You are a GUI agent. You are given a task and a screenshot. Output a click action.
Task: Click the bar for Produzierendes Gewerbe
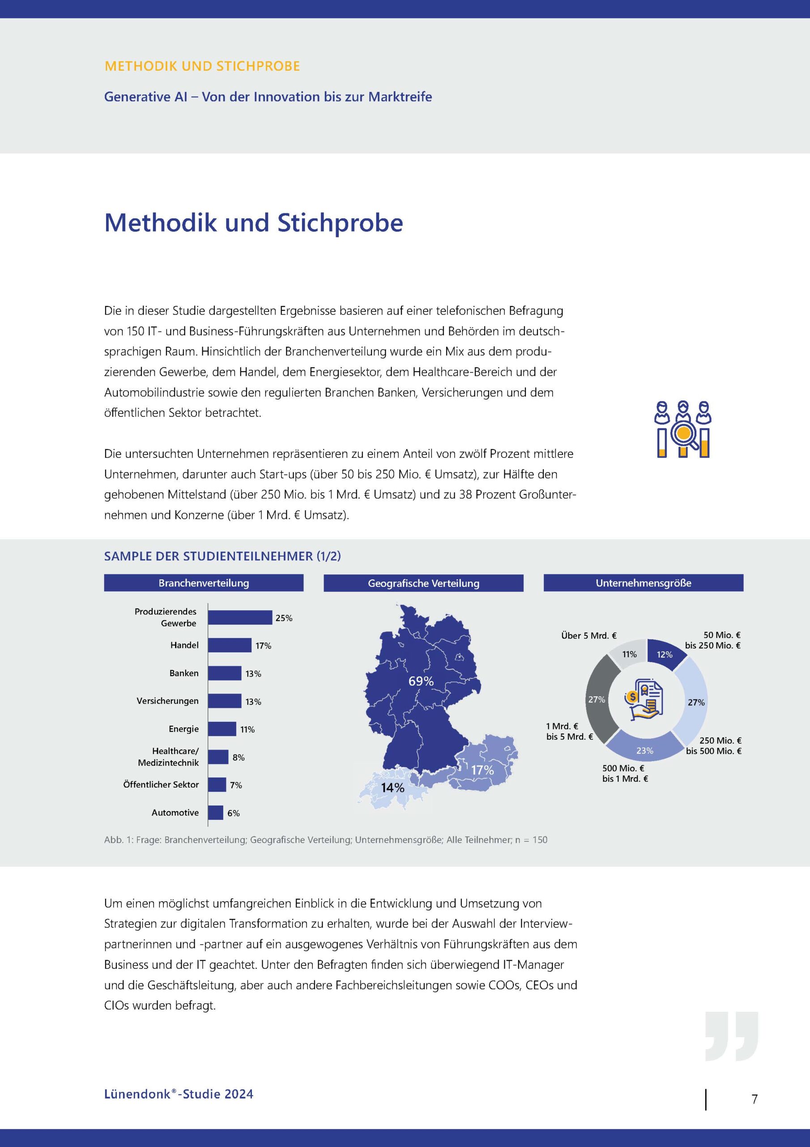coord(239,617)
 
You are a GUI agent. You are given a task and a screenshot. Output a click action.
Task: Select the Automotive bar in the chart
coord(216,813)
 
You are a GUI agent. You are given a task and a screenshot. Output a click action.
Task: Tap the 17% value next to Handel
coord(263,646)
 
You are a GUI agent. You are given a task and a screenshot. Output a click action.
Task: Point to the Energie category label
coord(183,729)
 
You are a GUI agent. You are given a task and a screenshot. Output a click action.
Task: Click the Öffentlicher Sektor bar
coord(217,785)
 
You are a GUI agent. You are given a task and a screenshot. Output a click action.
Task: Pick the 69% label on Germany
coord(421,681)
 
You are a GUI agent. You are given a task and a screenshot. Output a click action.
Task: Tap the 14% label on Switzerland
coord(392,788)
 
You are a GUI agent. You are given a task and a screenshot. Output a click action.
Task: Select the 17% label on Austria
coord(482,770)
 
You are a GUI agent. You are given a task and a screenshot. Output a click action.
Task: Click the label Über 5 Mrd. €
coord(588,636)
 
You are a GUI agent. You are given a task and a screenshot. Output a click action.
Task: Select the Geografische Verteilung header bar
coord(423,583)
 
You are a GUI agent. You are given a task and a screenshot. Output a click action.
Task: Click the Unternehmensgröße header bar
coord(644,583)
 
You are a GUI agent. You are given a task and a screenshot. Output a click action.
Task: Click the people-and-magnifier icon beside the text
coord(683,429)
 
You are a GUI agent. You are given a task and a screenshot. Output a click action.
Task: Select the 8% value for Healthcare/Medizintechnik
coord(239,757)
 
